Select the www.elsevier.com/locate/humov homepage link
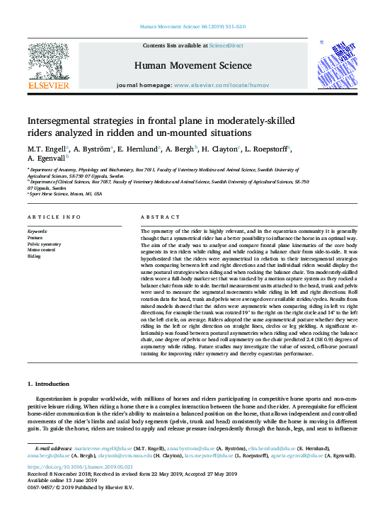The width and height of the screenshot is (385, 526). [x=220, y=85]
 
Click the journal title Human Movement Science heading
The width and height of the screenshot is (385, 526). [x=192, y=66]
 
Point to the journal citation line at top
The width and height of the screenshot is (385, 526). [x=192, y=26]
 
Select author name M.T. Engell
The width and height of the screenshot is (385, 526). [x=47, y=150]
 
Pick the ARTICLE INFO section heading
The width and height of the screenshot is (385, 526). [x=54, y=217]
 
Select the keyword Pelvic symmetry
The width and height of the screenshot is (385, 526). [x=45, y=244]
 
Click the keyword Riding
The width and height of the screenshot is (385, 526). [x=34, y=256]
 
